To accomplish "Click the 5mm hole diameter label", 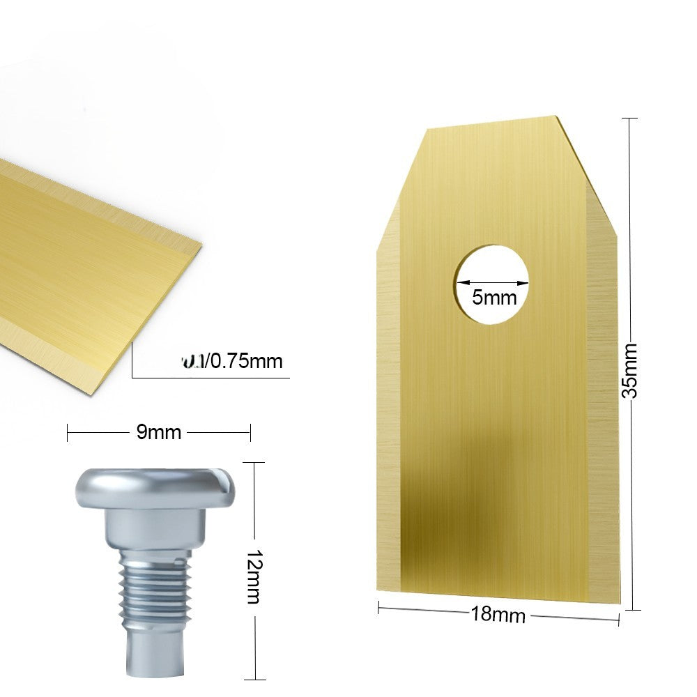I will click(494, 298).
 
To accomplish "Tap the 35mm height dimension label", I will click(630, 369).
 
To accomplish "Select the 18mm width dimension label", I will click(498, 614).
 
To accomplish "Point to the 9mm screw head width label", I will click(158, 433).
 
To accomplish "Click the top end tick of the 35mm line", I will click(630, 118).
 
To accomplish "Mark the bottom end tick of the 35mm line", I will click(631, 610).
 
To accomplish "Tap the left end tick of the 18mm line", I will click(378, 608).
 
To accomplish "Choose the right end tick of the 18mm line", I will click(619, 620).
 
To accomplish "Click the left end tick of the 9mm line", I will click(68, 433).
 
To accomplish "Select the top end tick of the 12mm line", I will click(256, 461).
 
